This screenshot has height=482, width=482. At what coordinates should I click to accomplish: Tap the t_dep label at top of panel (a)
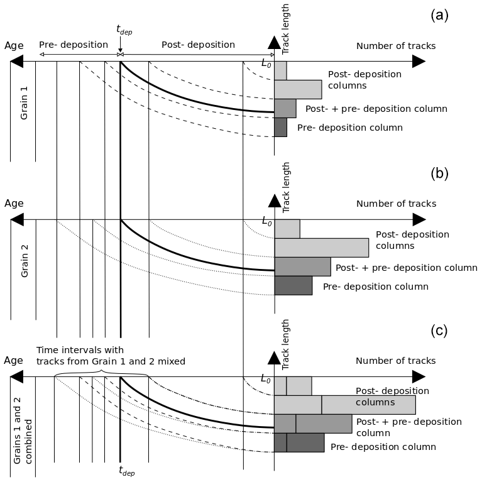tap(124, 29)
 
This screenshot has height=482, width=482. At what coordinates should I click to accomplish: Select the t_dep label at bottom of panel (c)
tap(126, 471)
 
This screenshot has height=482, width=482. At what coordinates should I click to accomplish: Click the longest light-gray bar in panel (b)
tap(321, 248)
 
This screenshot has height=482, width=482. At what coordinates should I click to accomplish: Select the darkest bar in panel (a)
tap(280, 127)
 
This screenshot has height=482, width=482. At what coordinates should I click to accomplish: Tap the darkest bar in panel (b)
tap(293, 285)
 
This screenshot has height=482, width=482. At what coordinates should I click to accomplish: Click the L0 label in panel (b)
tap(266, 222)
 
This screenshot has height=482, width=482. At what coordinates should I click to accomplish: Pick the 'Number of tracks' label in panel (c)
tap(396, 361)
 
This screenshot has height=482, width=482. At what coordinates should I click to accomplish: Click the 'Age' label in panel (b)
tap(14, 204)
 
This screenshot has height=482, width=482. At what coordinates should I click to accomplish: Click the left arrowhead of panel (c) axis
tap(17, 377)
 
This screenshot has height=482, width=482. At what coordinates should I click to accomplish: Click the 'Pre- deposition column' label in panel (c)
tap(383, 447)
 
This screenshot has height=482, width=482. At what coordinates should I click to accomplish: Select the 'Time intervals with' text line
tap(80, 350)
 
